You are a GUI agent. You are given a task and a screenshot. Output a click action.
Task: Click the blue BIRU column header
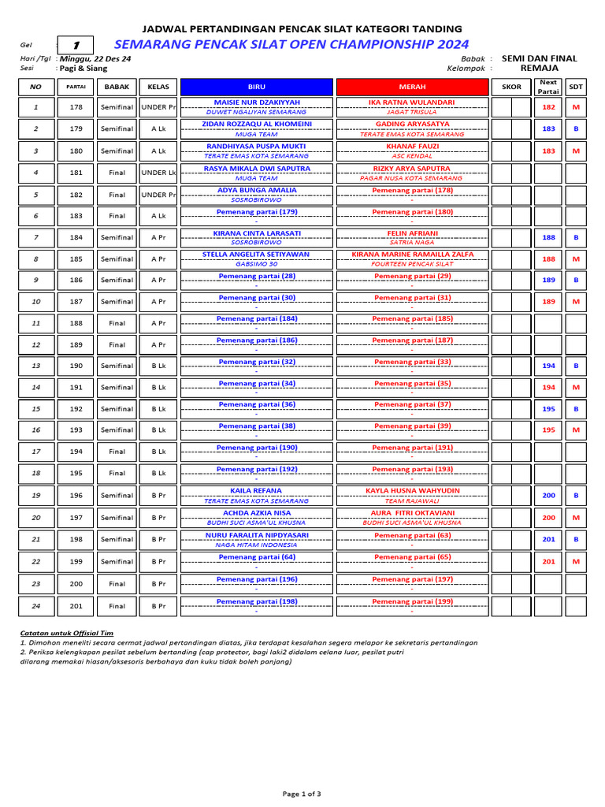tap(257, 87)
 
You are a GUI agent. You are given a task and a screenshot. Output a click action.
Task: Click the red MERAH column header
tap(411, 87)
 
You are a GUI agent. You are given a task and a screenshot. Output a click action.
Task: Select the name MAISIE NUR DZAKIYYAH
tap(257, 102)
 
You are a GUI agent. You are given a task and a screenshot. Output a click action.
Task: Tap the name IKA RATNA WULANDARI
tap(411, 102)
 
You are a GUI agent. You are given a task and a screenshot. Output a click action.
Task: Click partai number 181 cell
tap(76, 173)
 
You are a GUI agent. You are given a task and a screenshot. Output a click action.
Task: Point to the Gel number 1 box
tap(76, 46)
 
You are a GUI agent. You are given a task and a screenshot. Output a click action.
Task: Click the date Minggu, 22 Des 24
tap(96, 59)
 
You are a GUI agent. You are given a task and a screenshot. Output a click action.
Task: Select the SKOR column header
tap(511, 87)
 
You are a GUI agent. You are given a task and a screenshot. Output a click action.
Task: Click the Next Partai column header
tap(549, 87)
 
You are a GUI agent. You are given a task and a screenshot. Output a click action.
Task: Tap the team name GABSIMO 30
tap(257, 265)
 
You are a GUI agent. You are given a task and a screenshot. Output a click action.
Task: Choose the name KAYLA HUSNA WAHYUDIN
tap(411, 491)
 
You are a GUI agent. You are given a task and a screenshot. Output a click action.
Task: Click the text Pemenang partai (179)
tap(257, 211)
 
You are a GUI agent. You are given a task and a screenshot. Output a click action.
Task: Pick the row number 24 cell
tap(35, 606)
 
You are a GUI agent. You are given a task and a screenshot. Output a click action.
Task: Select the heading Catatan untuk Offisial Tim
tap(66, 633)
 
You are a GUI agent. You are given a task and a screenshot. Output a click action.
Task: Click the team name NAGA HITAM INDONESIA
tap(257, 545)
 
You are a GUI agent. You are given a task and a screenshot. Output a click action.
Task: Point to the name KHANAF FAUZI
tap(411, 147)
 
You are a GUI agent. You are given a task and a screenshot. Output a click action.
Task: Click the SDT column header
tap(576, 87)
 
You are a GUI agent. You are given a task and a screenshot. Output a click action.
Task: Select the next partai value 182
tap(549, 107)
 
